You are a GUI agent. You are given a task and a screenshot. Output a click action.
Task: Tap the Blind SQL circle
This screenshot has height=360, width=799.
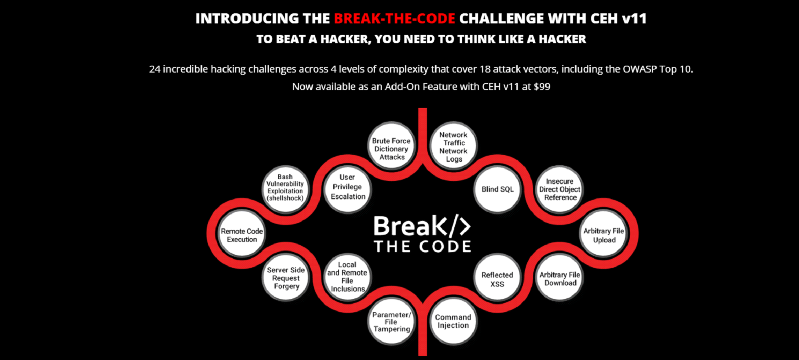pos(497,190)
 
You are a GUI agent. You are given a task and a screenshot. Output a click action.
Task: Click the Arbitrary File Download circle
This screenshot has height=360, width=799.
pos(559,278)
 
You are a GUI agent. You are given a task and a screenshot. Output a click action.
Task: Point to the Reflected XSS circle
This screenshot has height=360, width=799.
pos(497,278)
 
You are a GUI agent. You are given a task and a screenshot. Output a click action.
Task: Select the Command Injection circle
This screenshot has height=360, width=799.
pos(453,321)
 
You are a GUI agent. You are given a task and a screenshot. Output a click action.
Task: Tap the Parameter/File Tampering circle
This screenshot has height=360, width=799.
pos(391,321)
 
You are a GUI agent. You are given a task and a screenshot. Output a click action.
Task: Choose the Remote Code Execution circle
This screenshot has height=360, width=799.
pos(242,235)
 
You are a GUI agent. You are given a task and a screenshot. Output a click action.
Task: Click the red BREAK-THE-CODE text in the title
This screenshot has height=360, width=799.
pos(394,18)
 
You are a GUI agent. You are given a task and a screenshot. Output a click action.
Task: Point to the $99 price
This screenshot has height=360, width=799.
pos(542,86)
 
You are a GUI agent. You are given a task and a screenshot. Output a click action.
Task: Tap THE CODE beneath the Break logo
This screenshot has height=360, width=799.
pos(423,247)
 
